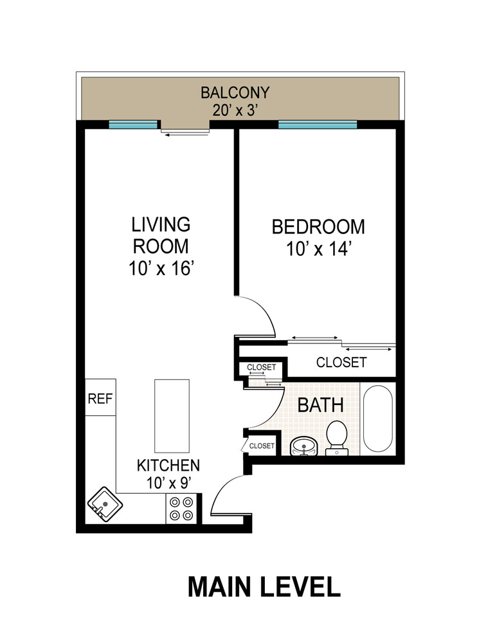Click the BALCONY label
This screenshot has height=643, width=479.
tap(234, 92)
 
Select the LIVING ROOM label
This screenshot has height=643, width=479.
tap(161, 235)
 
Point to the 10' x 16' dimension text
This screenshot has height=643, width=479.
tap(161, 269)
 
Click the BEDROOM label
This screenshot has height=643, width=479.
tap(318, 227)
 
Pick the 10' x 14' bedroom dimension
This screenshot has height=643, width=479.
tap(318, 249)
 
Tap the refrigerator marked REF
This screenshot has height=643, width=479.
tap(100, 398)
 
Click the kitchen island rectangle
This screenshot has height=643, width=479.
tap(172, 416)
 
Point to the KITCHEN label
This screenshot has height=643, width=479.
tap(168, 465)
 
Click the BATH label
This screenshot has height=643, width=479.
tap(320, 406)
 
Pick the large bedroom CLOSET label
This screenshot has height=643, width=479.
tap(341, 363)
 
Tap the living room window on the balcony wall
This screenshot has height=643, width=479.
tap(133, 125)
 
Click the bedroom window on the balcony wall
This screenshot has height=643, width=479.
tap(317, 125)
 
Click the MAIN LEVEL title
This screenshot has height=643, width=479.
tap(264, 586)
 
